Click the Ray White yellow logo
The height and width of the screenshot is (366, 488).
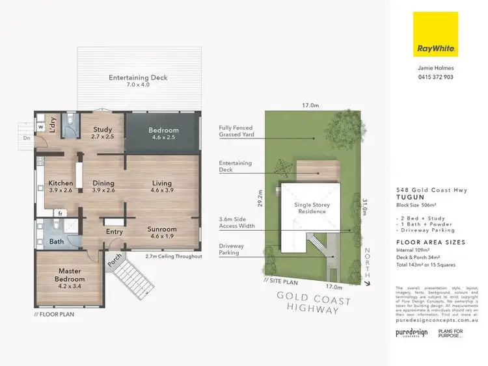click(x=435, y=34)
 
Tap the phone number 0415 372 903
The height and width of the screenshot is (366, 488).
click(x=435, y=77)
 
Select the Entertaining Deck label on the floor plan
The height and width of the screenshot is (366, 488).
click(x=138, y=81)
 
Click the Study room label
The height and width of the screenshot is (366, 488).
click(x=103, y=133)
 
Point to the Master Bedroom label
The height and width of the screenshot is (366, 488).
click(x=68, y=274)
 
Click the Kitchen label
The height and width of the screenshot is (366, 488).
click(x=61, y=187)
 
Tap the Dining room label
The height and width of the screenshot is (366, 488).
click(x=103, y=187)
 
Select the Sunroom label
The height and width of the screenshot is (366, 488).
click(x=162, y=233)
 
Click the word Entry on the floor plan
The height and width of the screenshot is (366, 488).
click(x=115, y=231)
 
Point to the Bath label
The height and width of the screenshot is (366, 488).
click(x=57, y=242)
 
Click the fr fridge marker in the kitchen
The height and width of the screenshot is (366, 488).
click(x=61, y=213)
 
